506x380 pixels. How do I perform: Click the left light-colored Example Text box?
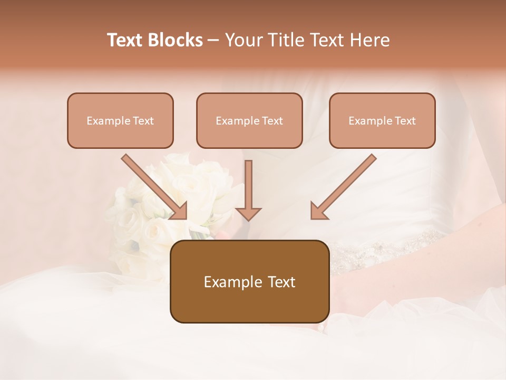120,120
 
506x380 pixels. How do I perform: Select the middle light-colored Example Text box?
249,120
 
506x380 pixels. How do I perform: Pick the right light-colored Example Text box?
382,120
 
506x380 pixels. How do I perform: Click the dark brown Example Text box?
249,281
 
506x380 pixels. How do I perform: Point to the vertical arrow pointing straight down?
248,187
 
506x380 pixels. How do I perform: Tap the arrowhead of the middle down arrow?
248,213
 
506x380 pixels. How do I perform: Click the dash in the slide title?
213,40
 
